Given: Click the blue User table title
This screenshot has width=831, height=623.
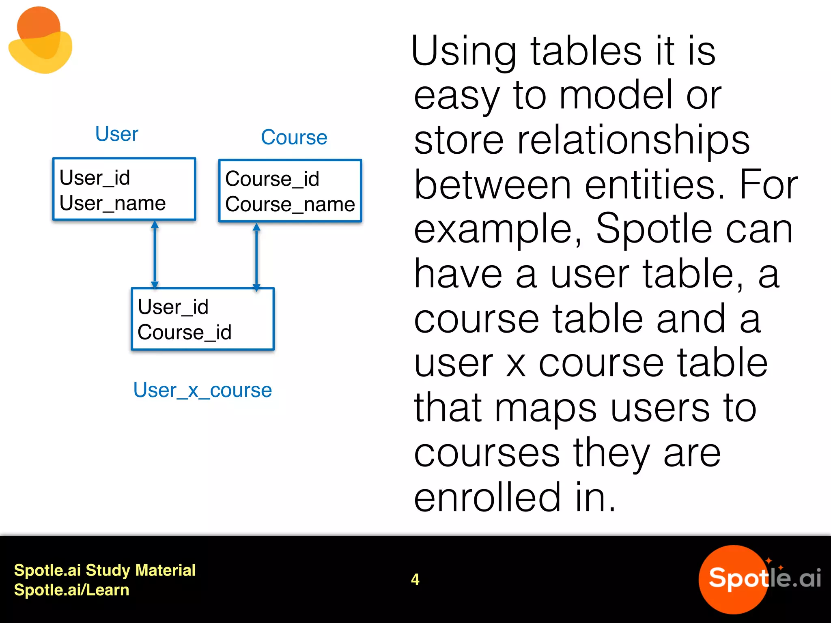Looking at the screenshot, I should click(x=116, y=134).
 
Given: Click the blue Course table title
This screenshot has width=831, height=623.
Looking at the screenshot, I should click(x=294, y=137).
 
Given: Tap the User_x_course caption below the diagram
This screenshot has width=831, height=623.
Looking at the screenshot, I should click(x=202, y=390).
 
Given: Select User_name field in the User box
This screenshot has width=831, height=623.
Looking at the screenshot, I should click(x=112, y=203).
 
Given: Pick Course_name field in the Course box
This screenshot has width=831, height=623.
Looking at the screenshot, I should click(x=290, y=204).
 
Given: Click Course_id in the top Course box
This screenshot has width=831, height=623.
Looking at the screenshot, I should click(x=272, y=179).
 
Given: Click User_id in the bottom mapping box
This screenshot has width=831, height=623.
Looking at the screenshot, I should click(x=173, y=307).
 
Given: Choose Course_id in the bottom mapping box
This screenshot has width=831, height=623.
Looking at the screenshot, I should click(x=184, y=332).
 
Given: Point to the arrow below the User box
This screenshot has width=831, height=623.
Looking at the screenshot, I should click(x=155, y=254).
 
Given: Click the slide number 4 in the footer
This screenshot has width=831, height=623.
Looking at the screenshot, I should click(x=415, y=579).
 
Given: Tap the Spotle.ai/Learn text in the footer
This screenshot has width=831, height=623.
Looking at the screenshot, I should click(x=71, y=590).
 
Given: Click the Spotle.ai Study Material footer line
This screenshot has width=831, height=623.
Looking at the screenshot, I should click(x=105, y=570).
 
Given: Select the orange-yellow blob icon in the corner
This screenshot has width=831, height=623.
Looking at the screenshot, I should click(x=40, y=41).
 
